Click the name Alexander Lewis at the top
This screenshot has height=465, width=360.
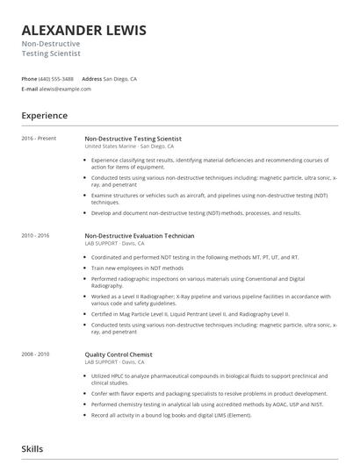84,31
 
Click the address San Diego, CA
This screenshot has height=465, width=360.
120,78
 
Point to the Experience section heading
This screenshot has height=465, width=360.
45,115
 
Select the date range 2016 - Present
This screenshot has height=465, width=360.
39,139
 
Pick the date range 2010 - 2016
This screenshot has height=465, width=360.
36,236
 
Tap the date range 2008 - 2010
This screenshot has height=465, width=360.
36,354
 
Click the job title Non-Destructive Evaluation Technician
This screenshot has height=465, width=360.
139,236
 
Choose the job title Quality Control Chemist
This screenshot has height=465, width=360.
119,354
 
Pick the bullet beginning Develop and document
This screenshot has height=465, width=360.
196,212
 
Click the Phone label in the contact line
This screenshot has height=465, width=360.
30,78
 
